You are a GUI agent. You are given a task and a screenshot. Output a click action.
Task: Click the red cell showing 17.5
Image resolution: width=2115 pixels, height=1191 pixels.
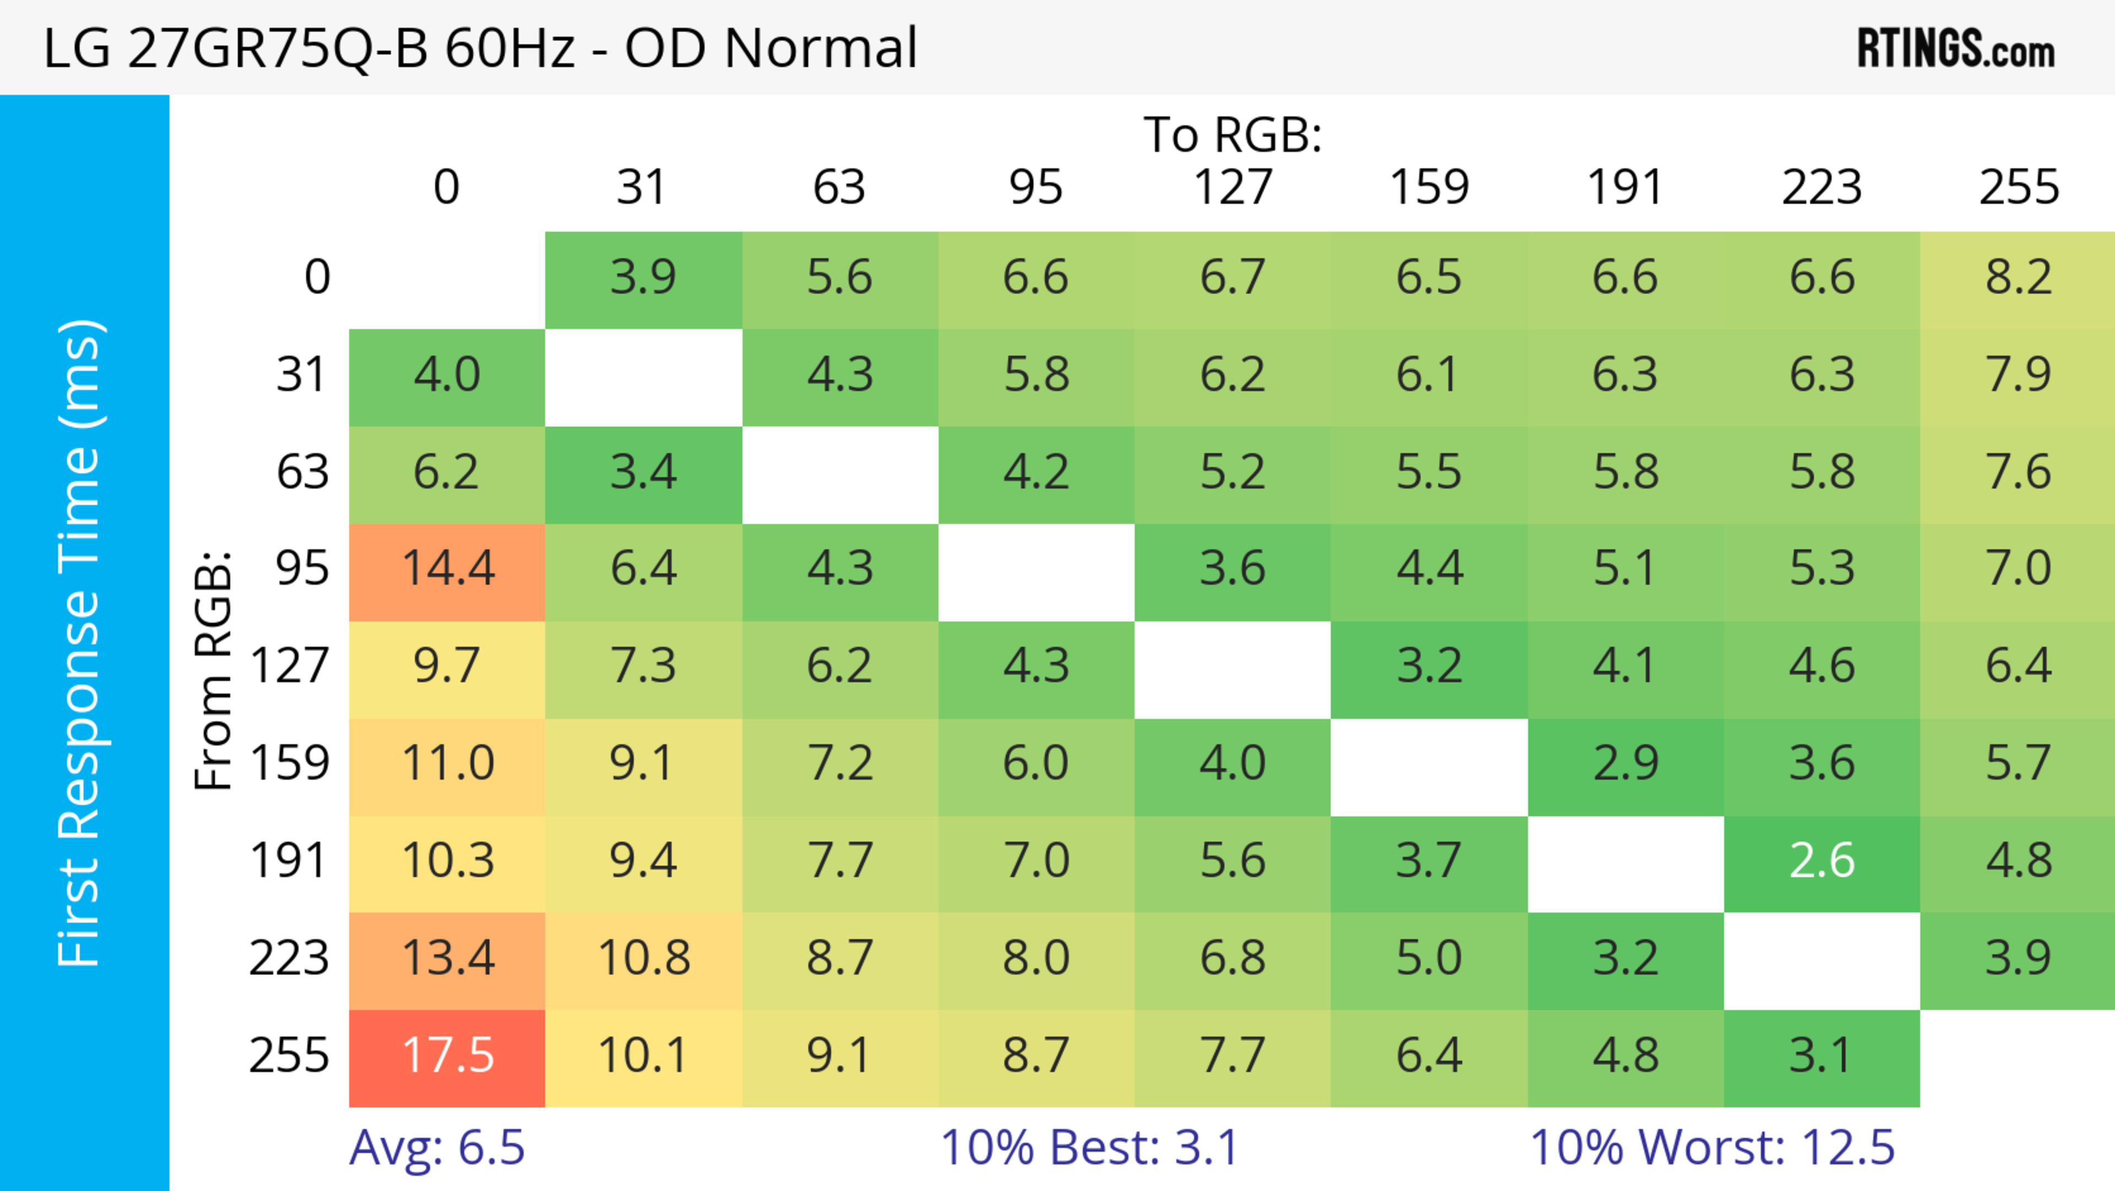[x=447, y=1057]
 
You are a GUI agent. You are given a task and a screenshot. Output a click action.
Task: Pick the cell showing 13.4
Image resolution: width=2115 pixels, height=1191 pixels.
[x=447, y=958]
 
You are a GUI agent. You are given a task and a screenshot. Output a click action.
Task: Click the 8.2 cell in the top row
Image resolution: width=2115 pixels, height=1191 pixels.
[x=2018, y=278]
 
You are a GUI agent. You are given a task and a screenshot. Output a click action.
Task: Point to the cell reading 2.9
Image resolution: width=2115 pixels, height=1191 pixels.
[x=1626, y=764]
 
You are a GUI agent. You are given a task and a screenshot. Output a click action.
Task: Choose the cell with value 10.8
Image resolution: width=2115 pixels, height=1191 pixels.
[x=644, y=958]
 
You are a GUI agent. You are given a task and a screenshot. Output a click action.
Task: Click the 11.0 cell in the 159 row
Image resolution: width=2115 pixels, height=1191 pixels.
[x=447, y=764]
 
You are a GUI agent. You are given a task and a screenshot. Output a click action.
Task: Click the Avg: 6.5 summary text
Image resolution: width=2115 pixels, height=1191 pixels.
[x=437, y=1147]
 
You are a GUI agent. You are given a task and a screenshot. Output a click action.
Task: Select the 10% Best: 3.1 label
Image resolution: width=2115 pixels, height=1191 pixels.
[x=1089, y=1147]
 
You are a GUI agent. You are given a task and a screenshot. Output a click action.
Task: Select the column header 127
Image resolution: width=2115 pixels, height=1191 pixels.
[x=1233, y=187]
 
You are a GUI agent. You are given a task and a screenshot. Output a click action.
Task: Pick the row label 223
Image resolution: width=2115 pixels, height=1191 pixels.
[x=289, y=958]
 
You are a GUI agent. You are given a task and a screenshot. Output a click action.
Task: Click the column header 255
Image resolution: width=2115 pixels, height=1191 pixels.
[x=2018, y=187]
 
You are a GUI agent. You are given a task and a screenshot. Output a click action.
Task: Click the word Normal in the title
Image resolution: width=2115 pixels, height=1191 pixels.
[x=820, y=47]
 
